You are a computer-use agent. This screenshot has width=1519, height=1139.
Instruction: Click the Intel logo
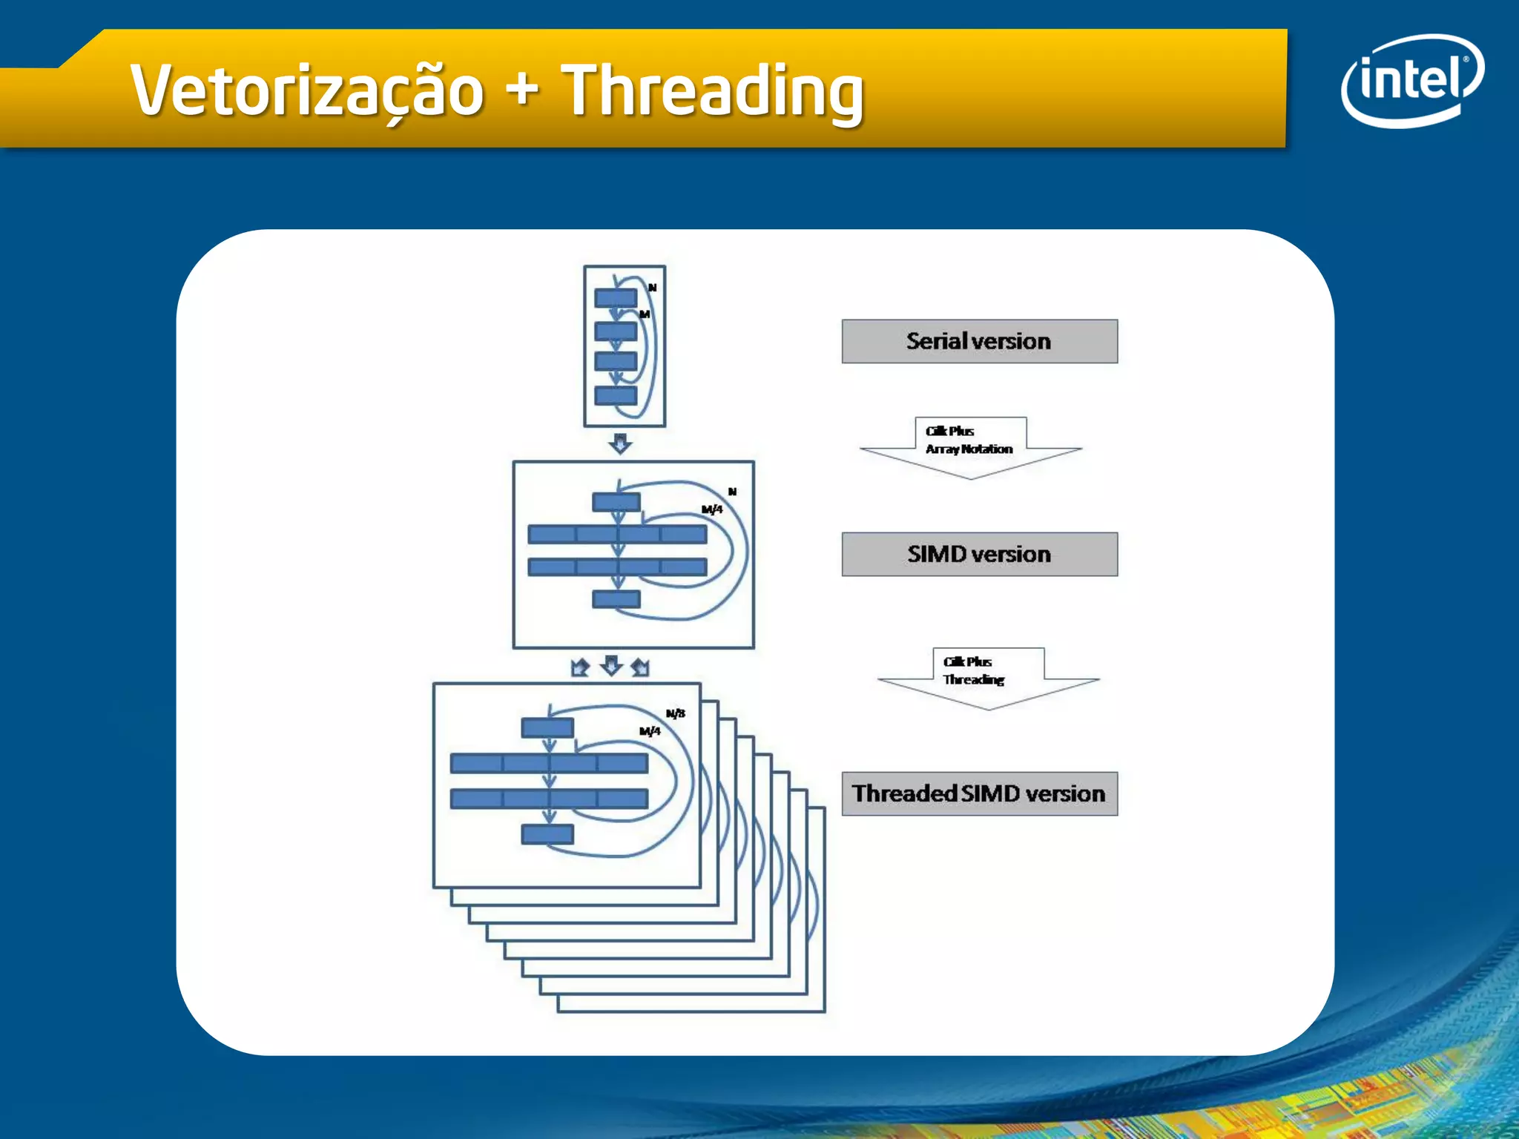coord(1411,80)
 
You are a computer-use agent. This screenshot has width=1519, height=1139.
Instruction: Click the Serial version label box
coord(979,341)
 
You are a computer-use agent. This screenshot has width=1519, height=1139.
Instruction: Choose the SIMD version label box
coord(979,554)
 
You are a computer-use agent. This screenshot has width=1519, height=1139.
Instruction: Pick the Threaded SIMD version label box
coord(979,793)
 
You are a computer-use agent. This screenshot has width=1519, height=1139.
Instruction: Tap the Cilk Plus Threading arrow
coord(988,677)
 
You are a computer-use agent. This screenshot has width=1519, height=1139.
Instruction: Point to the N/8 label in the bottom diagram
coord(675,713)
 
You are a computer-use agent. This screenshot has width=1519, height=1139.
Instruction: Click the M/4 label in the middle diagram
coord(712,509)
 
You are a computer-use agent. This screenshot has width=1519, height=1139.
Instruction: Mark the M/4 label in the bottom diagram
coord(650,731)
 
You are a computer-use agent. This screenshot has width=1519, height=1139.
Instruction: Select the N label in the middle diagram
coord(732,492)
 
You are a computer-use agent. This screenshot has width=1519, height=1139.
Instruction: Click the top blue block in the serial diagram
coord(616,298)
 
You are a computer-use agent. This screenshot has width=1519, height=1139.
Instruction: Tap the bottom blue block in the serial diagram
coord(616,395)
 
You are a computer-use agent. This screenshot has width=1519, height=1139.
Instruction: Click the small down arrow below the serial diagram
coord(620,443)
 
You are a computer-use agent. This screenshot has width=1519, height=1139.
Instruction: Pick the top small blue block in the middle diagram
coord(616,502)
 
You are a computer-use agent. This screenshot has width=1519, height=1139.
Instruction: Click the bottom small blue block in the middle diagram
coord(616,598)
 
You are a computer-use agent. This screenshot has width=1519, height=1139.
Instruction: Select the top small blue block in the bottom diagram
coord(547,727)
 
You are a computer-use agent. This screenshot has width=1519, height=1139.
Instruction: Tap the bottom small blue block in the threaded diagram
coord(547,834)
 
